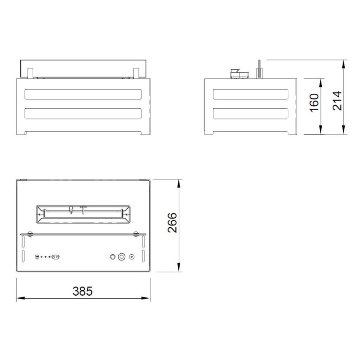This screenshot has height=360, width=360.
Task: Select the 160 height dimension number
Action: point(314,102)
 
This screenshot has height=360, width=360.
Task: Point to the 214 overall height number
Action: point(338,100)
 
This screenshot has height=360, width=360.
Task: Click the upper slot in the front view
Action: point(83,95)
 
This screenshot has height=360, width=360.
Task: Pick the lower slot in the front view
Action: point(83,113)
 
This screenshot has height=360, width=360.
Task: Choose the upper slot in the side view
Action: point(251,95)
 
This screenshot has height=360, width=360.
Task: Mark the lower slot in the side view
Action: point(251,113)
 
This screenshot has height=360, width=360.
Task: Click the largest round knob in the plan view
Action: point(122,257)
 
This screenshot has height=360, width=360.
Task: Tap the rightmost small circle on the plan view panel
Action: point(132,257)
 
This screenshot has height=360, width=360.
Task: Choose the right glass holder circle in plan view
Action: point(135,234)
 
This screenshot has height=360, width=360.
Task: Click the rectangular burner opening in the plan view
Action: point(83,214)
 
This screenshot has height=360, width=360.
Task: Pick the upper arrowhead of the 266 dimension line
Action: point(179,182)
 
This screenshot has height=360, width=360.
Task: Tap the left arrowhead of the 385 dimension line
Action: point(19,297)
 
